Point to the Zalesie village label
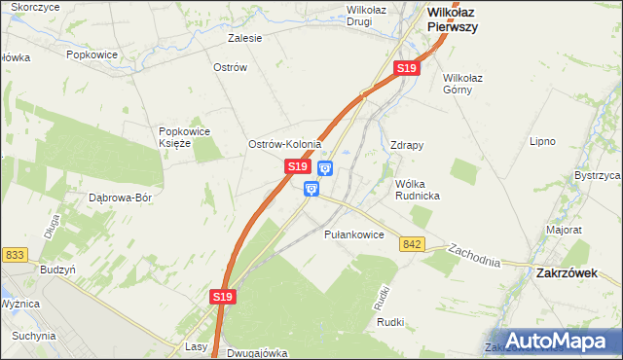[244, 39]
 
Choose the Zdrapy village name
[406, 145]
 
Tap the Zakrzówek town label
[567, 273]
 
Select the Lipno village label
[541, 141]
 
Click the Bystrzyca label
[597, 175]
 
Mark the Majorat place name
[564, 231]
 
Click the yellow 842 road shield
[411, 244]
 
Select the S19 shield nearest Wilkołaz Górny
[407, 68]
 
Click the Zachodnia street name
[474, 257]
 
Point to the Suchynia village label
[34, 336]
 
